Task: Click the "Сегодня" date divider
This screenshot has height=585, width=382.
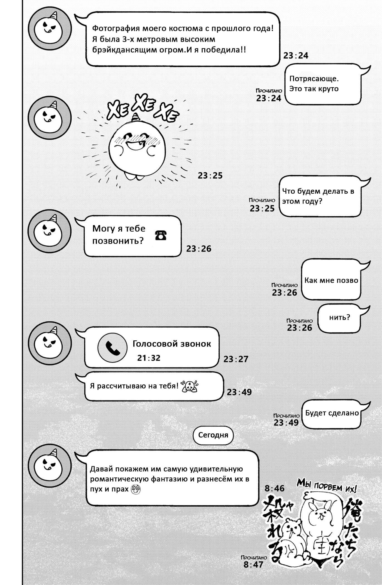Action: [x=213, y=435]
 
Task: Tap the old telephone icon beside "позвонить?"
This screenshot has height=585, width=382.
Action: [x=161, y=235]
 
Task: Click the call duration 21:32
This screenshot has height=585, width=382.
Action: [x=149, y=358]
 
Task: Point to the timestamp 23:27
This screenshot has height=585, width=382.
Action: [x=236, y=359]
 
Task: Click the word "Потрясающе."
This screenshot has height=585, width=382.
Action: [x=314, y=79]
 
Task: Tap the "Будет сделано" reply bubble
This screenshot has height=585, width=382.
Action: [x=332, y=414]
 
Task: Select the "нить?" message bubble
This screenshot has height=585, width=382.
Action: [x=339, y=318]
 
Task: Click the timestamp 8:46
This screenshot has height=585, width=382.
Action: [x=274, y=488]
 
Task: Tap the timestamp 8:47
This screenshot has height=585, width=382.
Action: [x=253, y=565]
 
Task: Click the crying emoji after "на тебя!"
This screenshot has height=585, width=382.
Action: [x=190, y=386]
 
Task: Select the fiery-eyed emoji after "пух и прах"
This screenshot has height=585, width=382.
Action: [x=136, y=489]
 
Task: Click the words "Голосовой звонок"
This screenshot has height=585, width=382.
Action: [x=172, y=344]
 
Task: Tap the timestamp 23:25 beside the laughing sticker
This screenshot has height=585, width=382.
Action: [x=210, y=175]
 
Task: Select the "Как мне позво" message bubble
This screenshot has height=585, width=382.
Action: [x=331, y=280]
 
